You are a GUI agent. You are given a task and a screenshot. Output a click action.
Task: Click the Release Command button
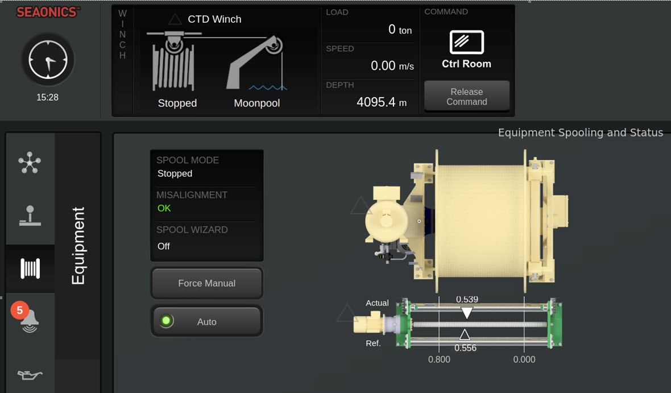pyautogui.click(x=466, y=96)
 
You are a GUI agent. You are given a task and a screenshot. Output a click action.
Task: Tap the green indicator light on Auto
pyautogui.click(x=166, y=321)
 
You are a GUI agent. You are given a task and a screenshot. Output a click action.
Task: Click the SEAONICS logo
pyautogui.click(x=48, y=12)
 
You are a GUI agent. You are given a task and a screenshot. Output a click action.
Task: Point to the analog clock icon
pyautogui.click(x=48, y=60)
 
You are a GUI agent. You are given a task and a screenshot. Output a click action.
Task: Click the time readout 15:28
pyautogui.click(x=47, y=97)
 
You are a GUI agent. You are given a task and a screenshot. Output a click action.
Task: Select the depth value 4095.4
pyautogui.click(x=376, y=102)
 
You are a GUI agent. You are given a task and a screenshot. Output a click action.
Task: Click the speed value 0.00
pyautogui.click(x=383, y=65)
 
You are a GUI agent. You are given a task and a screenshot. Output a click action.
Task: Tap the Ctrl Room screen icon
pyautogui.click(x=466, y=42)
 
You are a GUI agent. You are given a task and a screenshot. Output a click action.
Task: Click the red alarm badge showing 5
pyautogui.click(x=20, y=310)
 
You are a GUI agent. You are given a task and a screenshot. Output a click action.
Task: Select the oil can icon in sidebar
pyautogui.click(x=30, y=375)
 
